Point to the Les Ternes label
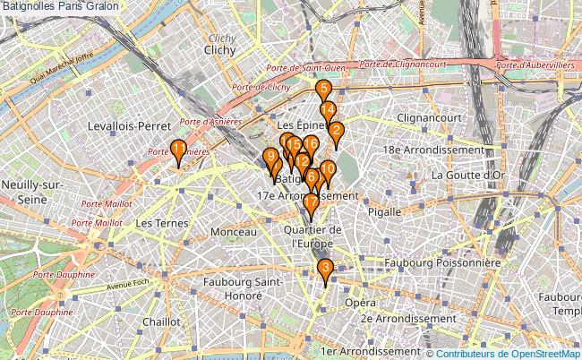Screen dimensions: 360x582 156,221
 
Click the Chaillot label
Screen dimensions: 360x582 161,321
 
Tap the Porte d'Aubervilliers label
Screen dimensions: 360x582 535,64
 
